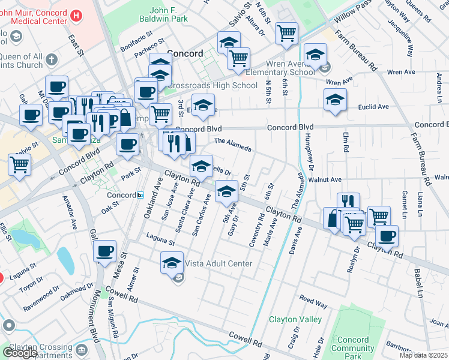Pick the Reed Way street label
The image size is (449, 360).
[313, 301]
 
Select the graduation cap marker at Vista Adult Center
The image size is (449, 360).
[172, 262]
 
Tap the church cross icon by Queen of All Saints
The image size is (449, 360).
[51, 60]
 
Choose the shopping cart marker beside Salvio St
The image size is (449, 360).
[20, 164]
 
